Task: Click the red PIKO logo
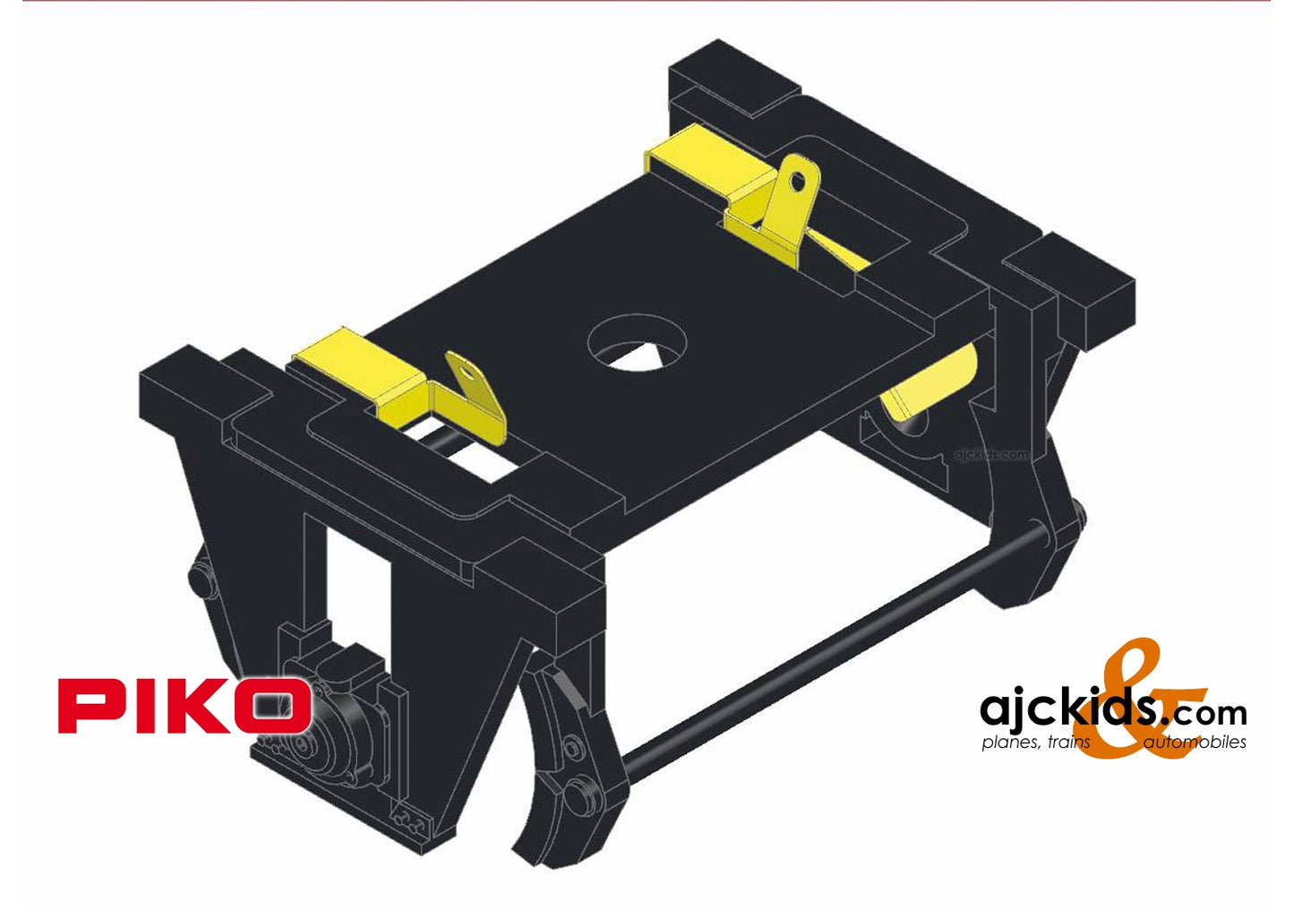[x=184, y=705]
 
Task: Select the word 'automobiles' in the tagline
[x=1194, y=742]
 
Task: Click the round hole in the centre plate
[x=638, y=343]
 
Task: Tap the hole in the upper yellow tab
[x=798, y=182]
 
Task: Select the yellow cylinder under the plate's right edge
[x=930, y=382]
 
